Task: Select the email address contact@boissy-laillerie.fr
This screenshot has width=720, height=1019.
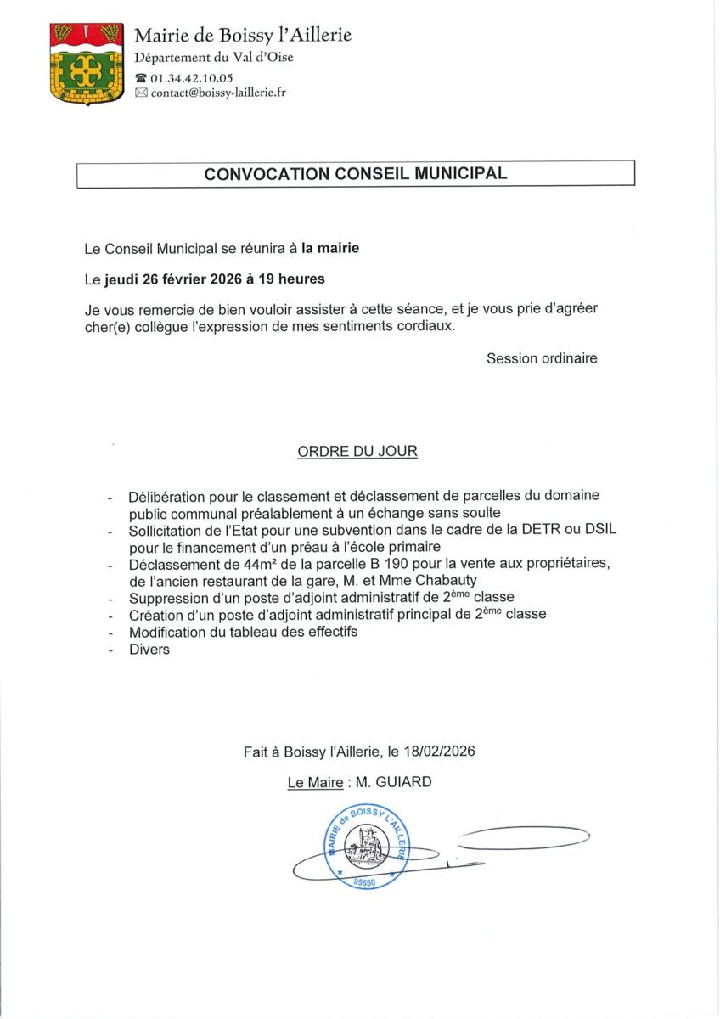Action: pyautogui.click(x=218, y=93)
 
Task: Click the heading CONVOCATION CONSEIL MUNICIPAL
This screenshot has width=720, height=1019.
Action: pyautogui.click(x=356, y=174)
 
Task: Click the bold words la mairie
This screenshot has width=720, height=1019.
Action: pyautogui.click(x=330, y=248)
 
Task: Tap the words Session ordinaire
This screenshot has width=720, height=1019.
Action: pyautogui.click(x=542, y=358)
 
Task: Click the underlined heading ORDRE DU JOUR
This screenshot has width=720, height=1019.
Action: pyautogui.click(x=357, y=452)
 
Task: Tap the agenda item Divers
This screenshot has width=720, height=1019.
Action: pyautogui.click(x=149, y=650)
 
